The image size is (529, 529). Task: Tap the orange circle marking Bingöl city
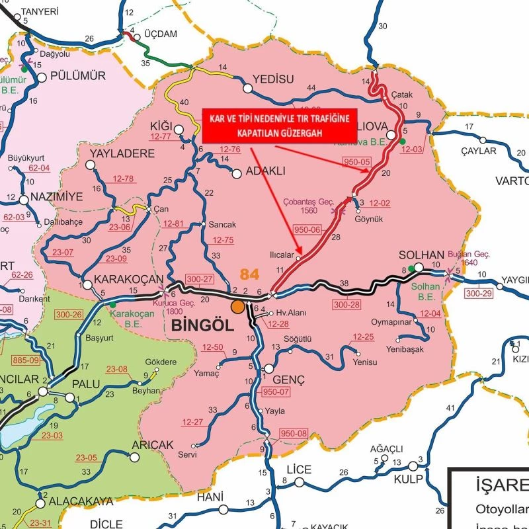237,307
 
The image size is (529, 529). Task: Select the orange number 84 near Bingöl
249,274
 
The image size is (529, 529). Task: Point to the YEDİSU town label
273,79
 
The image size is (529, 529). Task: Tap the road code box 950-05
357,161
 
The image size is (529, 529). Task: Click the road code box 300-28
346,305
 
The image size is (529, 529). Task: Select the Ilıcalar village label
281,254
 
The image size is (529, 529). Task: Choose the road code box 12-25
363,337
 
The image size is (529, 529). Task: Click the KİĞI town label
161,126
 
